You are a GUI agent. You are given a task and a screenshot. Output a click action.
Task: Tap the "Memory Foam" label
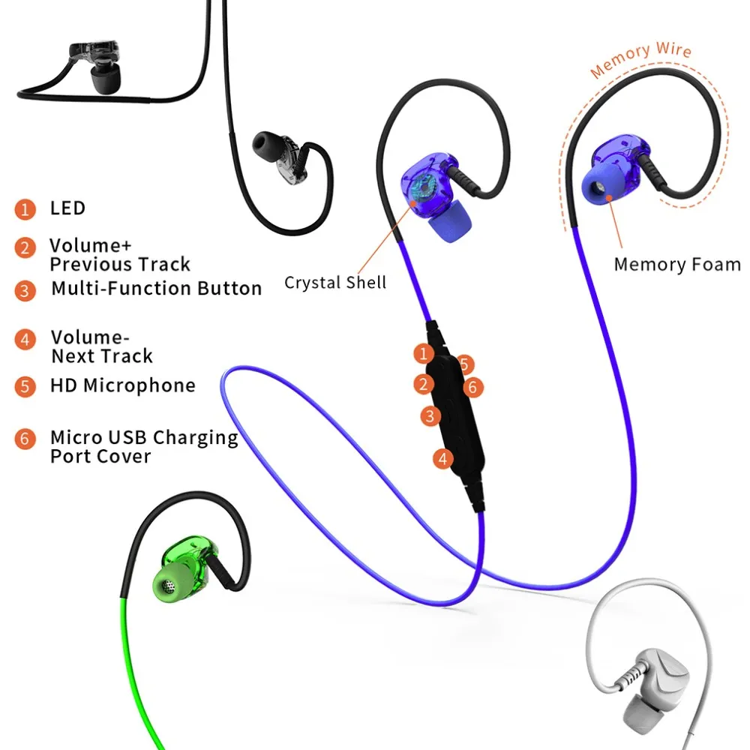pyautogui.click(x=676, y=265)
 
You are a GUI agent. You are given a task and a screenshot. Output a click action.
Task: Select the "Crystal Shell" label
pyautogui.click(x=335, y=283)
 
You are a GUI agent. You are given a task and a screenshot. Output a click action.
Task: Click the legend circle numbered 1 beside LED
pyautogui.click(x=25, y=208)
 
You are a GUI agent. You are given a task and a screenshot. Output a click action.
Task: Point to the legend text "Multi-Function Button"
pyautogui.click(x=156, y=289)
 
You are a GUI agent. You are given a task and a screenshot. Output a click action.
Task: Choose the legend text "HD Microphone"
pyautogui.click(x=122, y=385)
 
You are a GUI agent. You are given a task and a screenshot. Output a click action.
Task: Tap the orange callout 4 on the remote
pyautogui.click(x=443, y=457)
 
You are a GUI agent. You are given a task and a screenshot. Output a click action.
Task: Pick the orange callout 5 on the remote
pyautogui.click(x=465, y=364)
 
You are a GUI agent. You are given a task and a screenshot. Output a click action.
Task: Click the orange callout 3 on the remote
pyautogui.click(x=430, y=415)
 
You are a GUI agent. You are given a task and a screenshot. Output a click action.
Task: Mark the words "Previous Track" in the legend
pyautogui.click(x=120, y=265)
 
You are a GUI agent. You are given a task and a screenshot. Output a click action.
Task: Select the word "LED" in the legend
pyautogui.click(x=67, y=208)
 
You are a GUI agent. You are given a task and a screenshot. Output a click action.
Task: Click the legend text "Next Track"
pyautogui.click(x=101, y=356)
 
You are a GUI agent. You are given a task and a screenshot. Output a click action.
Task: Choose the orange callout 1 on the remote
pyautogui.click(x=424, y=352)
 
